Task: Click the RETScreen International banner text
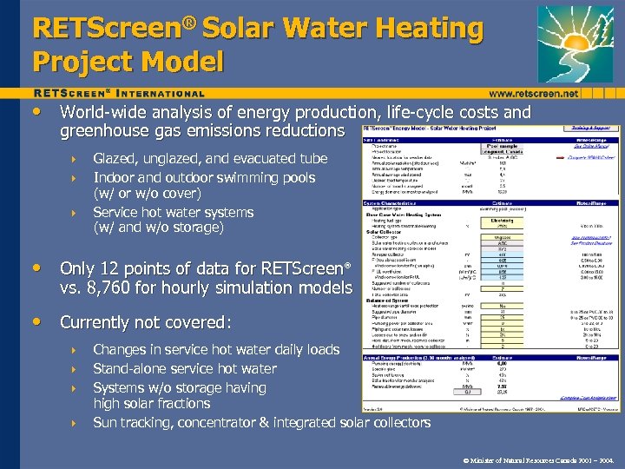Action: (x=119, y=93)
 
